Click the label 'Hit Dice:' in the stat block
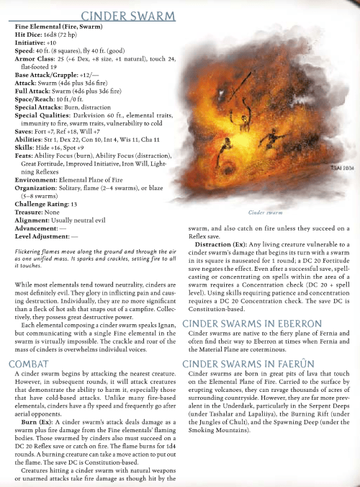(30, 34)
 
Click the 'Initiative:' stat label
(30, 42)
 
